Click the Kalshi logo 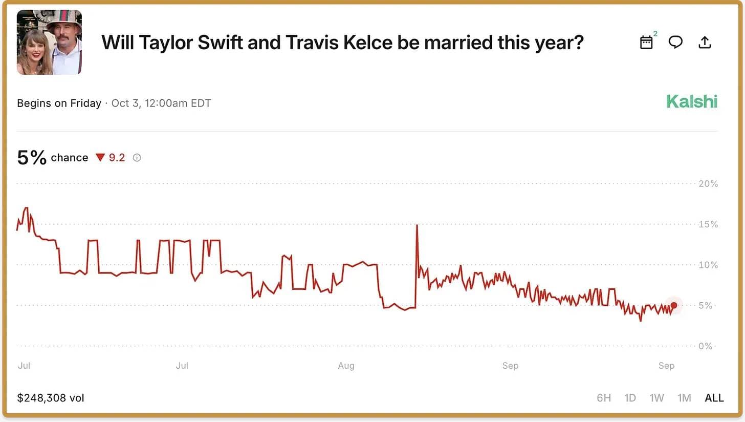[x=691, y=102]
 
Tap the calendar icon [x=647, y=43]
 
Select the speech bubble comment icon [x=675, y=42]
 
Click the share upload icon [x=705, y=42]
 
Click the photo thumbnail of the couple [x=49, y=42]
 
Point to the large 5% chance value [x=32, y=157]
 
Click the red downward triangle [x=100, y=158]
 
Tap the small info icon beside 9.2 [x=137, y=158]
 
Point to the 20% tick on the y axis [x=708, y=184]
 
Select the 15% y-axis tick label [x=708, y=224]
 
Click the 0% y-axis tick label [x=706, y=346]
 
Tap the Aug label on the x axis [x=346, y=366]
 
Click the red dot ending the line [x=674, y=305]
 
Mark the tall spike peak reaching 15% [x=417, y=225]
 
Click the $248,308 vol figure [x=50, y=398]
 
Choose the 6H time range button [x=604, y=398]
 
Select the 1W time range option [x=657, y=398]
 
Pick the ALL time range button [x=714, y=398]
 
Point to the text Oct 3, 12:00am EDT [x=161, y=103]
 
